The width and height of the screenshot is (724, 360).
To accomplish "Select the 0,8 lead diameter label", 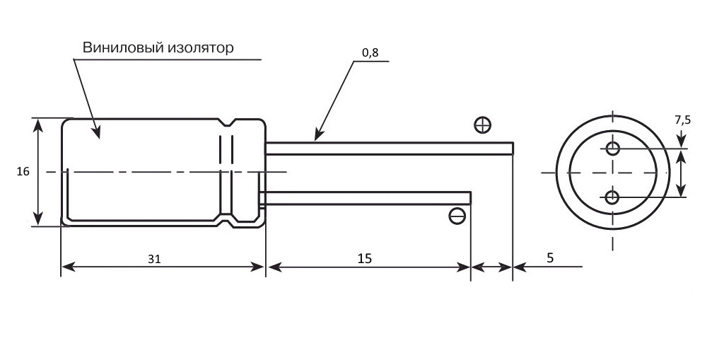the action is tap(370, 52).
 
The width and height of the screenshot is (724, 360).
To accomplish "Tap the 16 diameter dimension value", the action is tap(23, 172).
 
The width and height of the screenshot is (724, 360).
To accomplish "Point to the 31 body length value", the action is tap(154, 259).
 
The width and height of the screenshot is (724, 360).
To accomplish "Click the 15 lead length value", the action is tap(365, 258).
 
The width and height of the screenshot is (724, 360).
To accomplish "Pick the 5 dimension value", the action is tap(550, 258).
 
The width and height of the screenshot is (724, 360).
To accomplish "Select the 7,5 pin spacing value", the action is tap(683, 120).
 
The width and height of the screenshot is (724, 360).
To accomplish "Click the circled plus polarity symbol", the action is tap(482, 124).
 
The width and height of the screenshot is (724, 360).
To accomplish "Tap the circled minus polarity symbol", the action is tap(457, 216).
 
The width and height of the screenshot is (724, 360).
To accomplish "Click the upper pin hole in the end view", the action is tap(613, 149).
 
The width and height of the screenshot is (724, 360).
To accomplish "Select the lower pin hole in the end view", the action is tap(612, 197).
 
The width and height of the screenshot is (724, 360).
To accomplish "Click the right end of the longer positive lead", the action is tap(513, 149).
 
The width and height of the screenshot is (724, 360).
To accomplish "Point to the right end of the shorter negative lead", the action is tap(470, 198).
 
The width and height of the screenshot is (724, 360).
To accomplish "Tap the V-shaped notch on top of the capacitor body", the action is tap(226, 123).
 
